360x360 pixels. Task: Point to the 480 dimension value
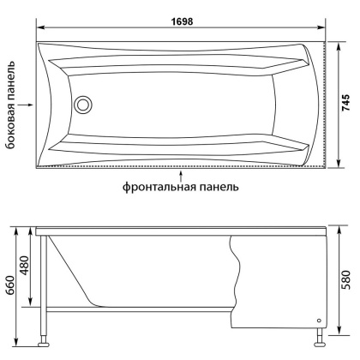click(25, 268)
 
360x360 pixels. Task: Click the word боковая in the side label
click(12, 130)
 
